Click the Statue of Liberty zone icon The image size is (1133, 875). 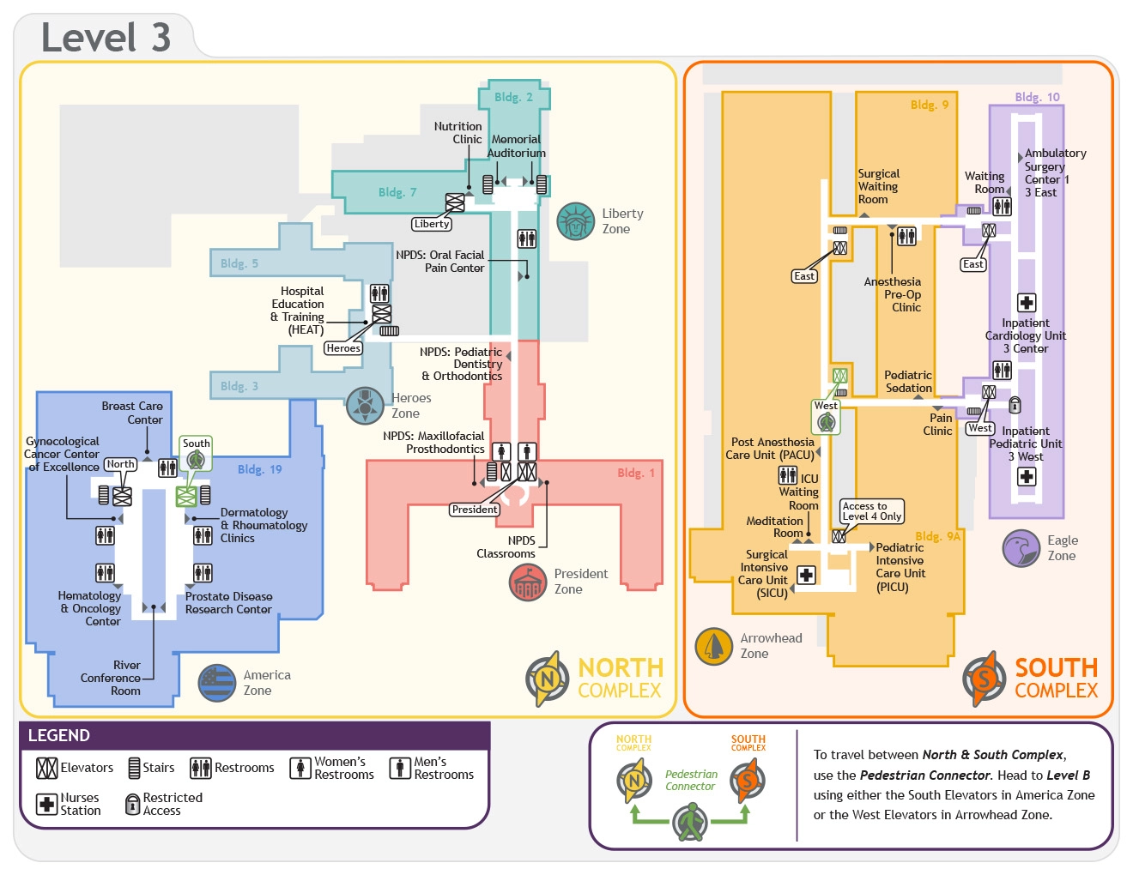tap(576, 221)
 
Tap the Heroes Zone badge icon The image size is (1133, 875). tap(365, 406)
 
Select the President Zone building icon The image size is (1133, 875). tap(528, 582)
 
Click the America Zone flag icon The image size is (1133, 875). tap(217, 683)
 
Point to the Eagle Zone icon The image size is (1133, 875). tap(1021, 548)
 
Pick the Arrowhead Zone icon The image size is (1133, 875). tap(713, 646)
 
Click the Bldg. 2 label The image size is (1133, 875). tap(513, 97)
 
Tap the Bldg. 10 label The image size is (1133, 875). tap(1037, 97)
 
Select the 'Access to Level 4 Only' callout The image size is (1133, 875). tap(871, 511)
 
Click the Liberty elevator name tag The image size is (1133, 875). tap(432, 224)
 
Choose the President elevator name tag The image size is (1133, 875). tap(475, 510)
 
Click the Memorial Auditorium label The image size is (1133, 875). tap(516, 146)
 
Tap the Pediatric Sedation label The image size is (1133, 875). tap(908, 382)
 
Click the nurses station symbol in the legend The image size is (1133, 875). tap(46, 804)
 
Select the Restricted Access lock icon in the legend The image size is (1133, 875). tap(132, 804)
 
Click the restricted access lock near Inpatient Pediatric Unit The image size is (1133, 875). tap(1015, 405)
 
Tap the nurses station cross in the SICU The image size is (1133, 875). tap(806, 575)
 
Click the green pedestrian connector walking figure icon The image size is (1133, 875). tap(690, 822)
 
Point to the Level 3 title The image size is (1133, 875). tap(106, 38)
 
